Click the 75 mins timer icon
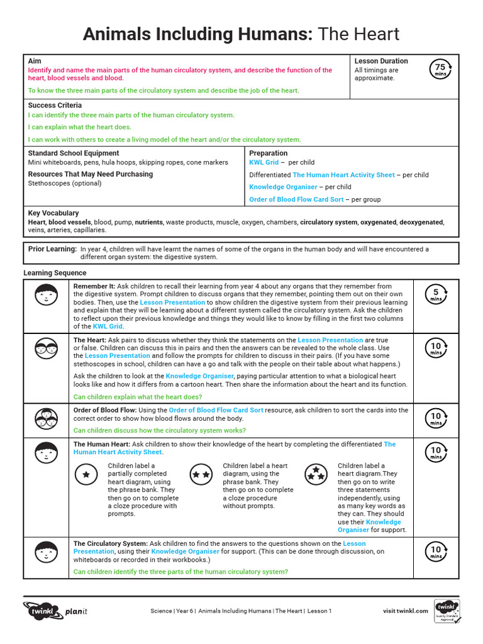(x=440, y=69)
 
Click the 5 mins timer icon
(x=436, y=294)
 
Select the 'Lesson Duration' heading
(x=381, y=61)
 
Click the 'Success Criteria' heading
(x=55, y=106)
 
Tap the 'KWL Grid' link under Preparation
(x=264, y=162)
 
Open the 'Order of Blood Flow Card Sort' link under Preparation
(x=296, y=199)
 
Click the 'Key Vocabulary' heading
(x=53, y=213)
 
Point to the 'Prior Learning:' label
(x=52, y=249)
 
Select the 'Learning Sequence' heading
(x=55, y=273)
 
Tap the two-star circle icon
(x=201, y=474)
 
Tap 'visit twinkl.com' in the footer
(x=406, y=611)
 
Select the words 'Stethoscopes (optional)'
(x=65, y=184)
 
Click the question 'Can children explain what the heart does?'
(x=138, y=397)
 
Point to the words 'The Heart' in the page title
(x=358, y=34)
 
